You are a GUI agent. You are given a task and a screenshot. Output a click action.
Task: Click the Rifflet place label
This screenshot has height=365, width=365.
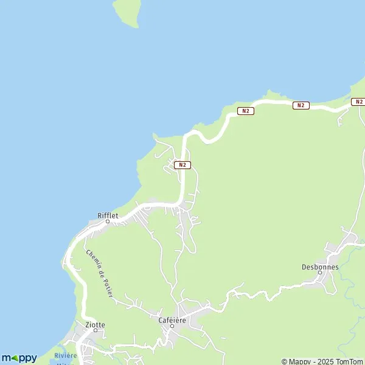[107, 215]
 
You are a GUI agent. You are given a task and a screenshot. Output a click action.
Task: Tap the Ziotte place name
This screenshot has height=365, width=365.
[96, 325]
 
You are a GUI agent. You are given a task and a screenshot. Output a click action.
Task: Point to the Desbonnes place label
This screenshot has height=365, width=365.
[320, 266]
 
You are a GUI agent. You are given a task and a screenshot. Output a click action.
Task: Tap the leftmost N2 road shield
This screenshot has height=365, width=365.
[182, 165]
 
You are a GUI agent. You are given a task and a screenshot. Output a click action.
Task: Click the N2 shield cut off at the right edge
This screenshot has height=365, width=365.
[358, 102]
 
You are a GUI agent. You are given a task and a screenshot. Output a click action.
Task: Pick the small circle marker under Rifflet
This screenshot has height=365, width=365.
[107, 221]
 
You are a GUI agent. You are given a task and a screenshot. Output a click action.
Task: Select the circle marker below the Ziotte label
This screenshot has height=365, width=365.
[95, 332]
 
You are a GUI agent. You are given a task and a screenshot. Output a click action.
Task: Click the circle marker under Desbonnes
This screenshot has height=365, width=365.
[320, 273]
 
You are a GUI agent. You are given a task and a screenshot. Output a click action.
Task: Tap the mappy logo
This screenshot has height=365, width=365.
[19, 358]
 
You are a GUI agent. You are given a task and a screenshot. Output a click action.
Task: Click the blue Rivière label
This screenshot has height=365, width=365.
[65, 355]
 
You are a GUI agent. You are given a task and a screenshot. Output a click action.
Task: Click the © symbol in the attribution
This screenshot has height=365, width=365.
[284, 361]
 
